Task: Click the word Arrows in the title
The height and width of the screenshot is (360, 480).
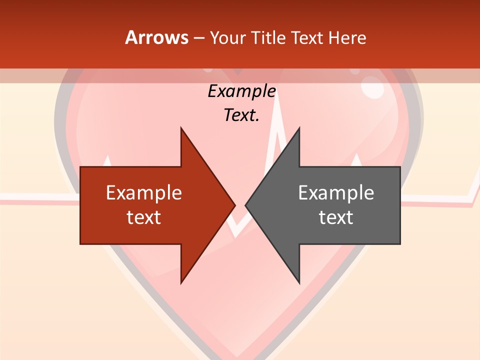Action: coord(156,38)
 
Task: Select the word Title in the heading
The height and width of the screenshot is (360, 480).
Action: coord(269,38)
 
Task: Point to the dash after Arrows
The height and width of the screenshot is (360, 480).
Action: coord(198,38)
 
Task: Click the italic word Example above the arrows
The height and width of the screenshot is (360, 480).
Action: coord(241,91)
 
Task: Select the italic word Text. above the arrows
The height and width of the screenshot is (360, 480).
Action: coord(241,115)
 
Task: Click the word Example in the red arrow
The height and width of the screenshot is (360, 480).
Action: coord(144,193)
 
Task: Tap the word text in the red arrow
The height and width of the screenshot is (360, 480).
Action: coord(144,217)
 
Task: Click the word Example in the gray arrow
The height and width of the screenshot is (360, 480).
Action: coord(336,193)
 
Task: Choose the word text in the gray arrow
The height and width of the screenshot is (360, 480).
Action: coord(336,217)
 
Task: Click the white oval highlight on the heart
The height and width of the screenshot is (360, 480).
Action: coord(372,89)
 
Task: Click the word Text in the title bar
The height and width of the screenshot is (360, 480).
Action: coord(307,38)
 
